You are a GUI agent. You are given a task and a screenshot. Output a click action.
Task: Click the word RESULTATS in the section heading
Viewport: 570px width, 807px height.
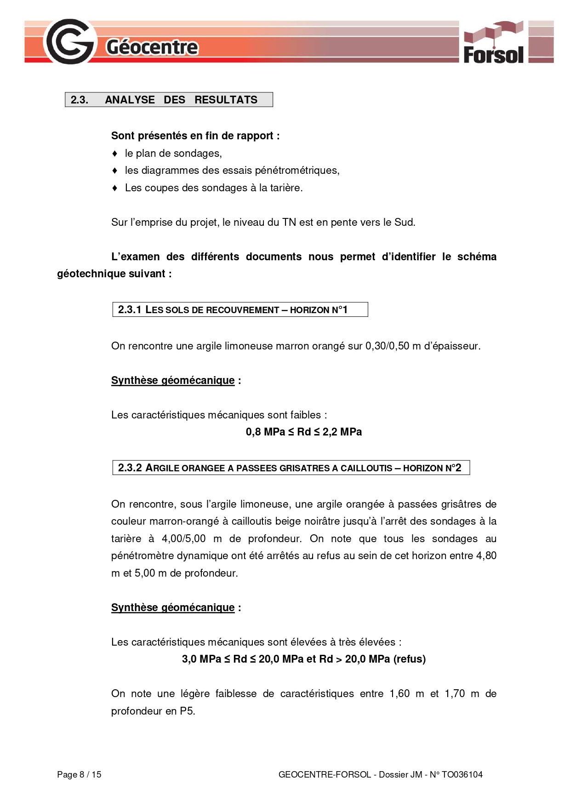[226, 100]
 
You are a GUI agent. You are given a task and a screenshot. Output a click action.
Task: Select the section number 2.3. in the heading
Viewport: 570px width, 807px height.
[80, 100]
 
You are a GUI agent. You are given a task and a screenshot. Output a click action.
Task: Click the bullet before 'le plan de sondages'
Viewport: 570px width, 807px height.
[115, 153]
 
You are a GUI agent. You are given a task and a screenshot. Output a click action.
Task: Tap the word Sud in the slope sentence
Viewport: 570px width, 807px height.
[404, 223]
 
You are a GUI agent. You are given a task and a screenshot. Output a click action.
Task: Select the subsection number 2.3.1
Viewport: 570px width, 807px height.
[130, 310]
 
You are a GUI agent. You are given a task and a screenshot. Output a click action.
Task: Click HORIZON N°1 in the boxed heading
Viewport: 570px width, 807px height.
[319, 310]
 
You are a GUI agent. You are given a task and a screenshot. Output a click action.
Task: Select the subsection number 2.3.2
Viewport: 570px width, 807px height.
[130, 468]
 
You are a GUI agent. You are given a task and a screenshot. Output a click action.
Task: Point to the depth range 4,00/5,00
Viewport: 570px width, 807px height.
[183, 539]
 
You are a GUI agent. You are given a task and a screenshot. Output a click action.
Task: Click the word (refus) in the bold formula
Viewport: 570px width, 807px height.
[409, 659]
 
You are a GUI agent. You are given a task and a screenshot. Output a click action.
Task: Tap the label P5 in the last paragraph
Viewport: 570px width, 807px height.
[187, 711]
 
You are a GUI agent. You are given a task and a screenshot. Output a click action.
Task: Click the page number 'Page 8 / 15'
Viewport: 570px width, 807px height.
[79, 775]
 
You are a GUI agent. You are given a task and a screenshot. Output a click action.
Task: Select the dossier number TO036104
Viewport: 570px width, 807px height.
[462, 775]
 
